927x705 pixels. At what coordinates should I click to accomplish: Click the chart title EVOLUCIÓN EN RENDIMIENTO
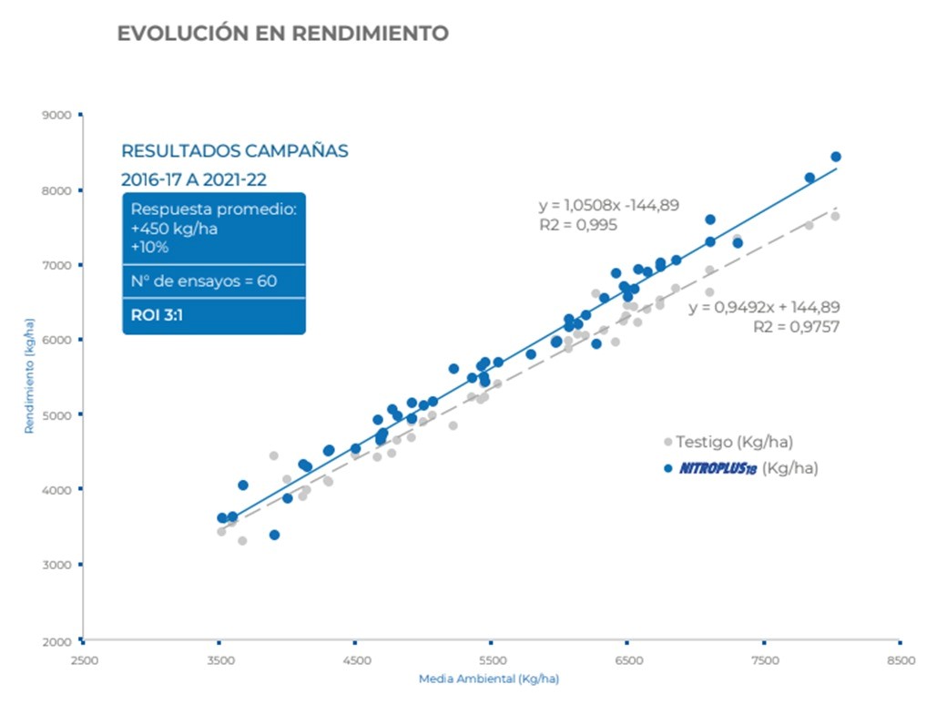(x=282, y=34)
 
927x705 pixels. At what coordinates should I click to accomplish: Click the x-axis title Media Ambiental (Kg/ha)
(x=489, y=679)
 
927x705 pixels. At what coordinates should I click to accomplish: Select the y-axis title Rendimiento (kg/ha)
(x=29, y=375)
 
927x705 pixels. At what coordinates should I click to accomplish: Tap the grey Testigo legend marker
(x=667, y=442)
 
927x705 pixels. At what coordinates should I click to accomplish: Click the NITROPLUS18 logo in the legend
(x=718, y=468)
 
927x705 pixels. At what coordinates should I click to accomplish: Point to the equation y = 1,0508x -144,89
(x=609, y=205)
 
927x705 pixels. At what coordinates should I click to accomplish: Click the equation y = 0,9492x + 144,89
(x=764, y=308)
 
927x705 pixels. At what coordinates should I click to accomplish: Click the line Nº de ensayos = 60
(x=204, y=281)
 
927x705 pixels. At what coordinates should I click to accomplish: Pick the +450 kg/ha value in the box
(x=174, y=229)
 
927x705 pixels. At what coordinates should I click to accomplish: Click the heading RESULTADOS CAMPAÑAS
(x=235, y=151)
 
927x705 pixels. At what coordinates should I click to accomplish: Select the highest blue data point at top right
(x=836, y=157)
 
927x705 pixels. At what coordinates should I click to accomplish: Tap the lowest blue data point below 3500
(x=274, y=535)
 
